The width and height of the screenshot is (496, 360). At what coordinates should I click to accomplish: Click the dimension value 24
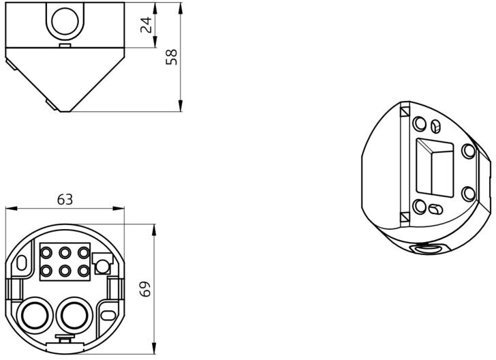click(x=146, y=25)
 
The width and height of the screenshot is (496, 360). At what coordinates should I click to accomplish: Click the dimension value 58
click(x=172, y=57)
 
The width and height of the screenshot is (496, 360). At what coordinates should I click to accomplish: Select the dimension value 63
click(x=65, y=200)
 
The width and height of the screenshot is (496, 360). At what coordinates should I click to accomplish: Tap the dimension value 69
click(x=145, y=289)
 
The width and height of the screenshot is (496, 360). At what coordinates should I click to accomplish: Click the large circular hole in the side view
click(x=65, y=21)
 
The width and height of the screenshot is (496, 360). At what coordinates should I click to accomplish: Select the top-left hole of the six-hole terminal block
click(x=46, y=253)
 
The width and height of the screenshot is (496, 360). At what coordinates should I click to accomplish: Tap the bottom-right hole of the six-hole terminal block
click(x=84, y=271)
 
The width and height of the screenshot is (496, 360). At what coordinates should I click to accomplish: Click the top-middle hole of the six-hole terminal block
click(x=65, y=253)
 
